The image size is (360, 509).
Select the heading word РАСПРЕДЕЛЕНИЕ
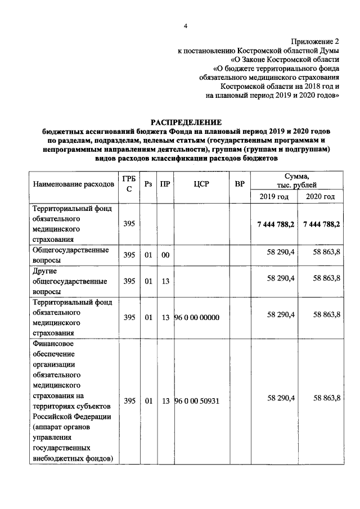tap(186, 122)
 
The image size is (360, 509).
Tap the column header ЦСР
tap(201, 184)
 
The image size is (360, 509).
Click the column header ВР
tap(240, 184)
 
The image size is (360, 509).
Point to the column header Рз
tap(148, 184)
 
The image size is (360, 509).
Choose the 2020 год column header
tap(320, 196)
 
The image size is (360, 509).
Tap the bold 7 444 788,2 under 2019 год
tap(276, 224)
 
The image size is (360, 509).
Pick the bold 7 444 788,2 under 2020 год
tap(321, 224)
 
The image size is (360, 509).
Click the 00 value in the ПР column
tap(165, 255)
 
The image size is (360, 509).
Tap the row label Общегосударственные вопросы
tap(70, 254)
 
